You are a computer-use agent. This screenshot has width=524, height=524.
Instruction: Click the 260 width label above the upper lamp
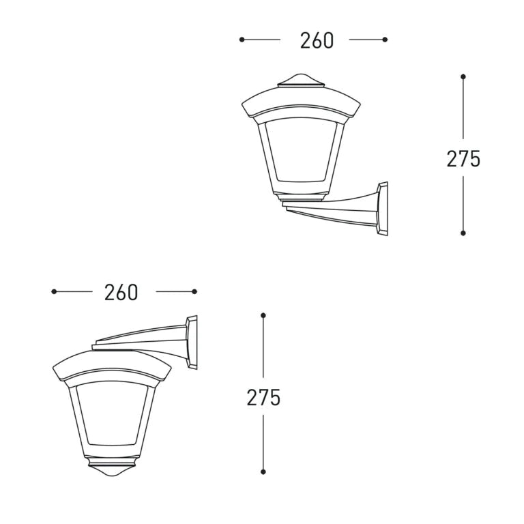point(317,40)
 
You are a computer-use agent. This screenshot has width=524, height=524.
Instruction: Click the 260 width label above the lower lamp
point(121,293)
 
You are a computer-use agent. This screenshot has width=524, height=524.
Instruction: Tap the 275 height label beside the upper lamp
point(463,159)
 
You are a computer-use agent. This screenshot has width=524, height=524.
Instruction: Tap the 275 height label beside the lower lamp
point(263,397)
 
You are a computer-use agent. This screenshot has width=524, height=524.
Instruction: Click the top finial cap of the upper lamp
point(301,81)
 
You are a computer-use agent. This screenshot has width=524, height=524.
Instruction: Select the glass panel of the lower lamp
point(112,413)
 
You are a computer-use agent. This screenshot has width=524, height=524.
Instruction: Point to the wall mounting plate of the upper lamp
point(383,209)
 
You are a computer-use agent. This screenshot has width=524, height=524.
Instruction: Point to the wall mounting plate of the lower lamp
point(192,343)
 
